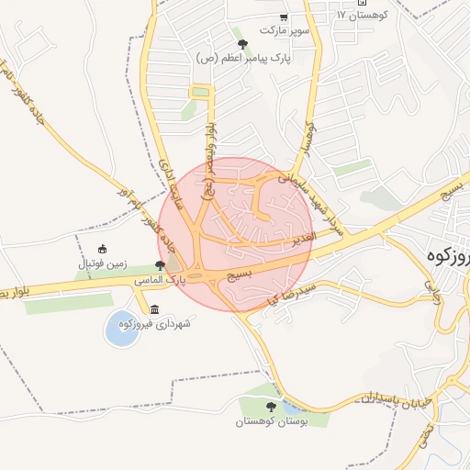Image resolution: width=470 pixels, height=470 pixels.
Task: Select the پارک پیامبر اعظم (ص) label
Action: click(242, 57)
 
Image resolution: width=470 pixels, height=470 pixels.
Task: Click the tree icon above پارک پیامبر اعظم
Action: click(242, 43)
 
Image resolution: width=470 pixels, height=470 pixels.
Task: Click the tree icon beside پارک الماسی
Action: click(160, 265)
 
